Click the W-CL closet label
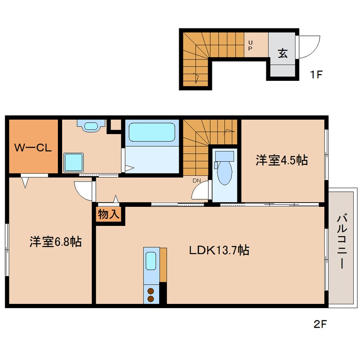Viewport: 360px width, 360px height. pyautogui.click(x=33, y=148)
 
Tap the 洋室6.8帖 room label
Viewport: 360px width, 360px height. pyautogui.click(x=56, y=242)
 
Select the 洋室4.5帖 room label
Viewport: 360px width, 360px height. pyautogui.click(x=282, y=160)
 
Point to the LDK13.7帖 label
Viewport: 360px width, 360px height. pyautogui.click(x=219, y=250)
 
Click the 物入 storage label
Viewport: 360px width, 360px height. pyautogui.click(x=109, y=214)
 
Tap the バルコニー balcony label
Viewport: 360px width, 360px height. pyautogui.click(x=342, y=241)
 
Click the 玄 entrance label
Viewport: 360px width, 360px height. pyautogui.click(x=283, y=53)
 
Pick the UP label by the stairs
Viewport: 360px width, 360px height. pyautogui.click(x=250, y=45)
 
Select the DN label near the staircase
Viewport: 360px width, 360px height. pyautogui.click(x=197, y=181)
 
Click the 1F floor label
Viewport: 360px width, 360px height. pyautogui.click(x=316, y=74)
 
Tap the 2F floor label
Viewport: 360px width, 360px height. pyautogui.click(x=320, y=324)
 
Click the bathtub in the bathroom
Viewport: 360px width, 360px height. pyautogui.click(x=152, y=132)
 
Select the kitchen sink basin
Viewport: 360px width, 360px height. pyautogui.click(x=151, y=261)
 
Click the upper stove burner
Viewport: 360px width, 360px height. pyautogui.click(x=151, y=291)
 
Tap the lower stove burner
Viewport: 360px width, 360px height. pyautogui.click(x=151, y=299)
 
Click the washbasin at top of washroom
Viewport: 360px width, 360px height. pyautogui.click(x=91, y=126)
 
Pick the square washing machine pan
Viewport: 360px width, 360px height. pyautogui.click(x=74, y=162)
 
